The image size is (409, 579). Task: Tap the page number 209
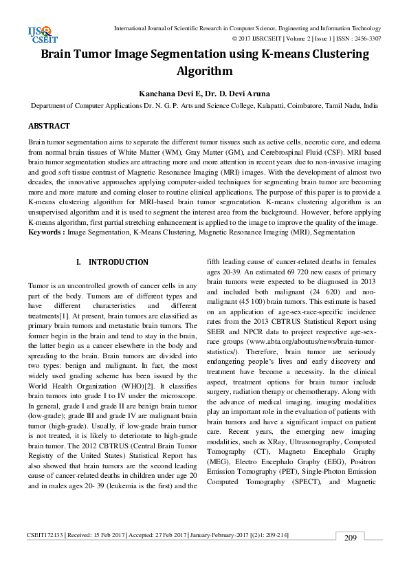(x=350, y=557)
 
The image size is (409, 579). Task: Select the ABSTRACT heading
(x=49, y=127)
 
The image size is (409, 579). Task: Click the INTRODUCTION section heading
(x=118, y=262)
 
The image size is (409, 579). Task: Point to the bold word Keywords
(x=46, y=232)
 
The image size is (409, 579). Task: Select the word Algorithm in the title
(x=204, y=71)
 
